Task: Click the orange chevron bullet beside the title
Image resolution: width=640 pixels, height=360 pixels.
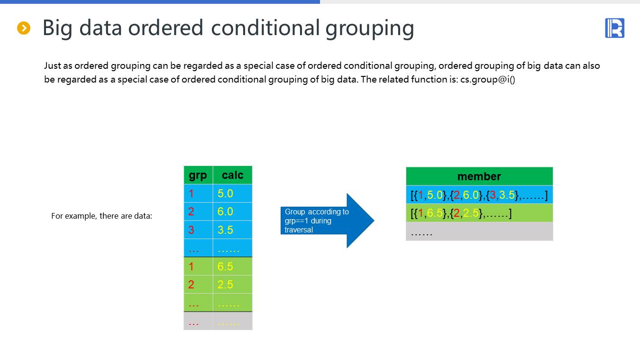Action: point(24,28)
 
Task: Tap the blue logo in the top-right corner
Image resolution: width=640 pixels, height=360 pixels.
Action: point(614,28)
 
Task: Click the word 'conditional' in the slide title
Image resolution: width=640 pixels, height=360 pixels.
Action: point(265,28)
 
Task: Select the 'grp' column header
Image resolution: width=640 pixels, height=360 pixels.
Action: point(198,175)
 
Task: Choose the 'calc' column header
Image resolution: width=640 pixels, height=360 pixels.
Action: point(233,175)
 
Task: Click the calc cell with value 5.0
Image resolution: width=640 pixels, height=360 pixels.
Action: point(233,194)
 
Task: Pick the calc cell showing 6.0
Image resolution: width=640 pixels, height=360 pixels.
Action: point(233,212)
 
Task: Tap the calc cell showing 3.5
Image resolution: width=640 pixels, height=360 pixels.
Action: point(233,230)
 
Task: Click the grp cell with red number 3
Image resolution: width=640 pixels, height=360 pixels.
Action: point(198,230)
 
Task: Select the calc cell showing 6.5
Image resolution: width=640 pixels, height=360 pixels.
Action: point(233,267)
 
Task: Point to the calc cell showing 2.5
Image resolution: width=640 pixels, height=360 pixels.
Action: point(233,285)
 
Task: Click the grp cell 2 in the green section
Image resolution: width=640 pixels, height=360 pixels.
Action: point(198,285)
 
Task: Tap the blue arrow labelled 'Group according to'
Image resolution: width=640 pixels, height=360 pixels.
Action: point(328,221)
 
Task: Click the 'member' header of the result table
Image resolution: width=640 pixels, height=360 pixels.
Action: point(479,176)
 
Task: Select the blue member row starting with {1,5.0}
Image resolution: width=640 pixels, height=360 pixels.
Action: point(479,195)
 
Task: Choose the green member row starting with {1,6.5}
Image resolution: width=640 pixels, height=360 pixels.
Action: point(479,213)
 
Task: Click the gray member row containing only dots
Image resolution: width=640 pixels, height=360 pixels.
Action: point(479,231)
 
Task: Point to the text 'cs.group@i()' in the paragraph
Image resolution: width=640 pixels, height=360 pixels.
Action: point(487,79)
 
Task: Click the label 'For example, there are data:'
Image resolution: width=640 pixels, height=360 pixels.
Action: point(101,216)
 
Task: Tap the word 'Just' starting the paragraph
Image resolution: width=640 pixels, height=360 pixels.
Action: point(53,65)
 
